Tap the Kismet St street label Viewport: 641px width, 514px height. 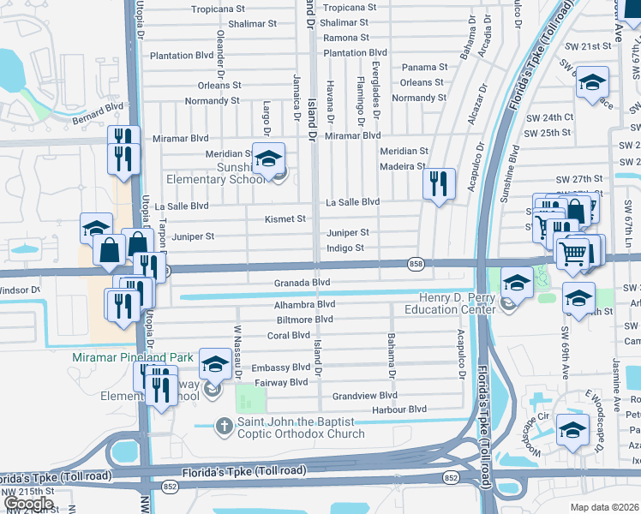coord(285,219)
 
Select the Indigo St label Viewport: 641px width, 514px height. coord(345,248)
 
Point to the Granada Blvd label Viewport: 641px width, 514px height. coord(302,282)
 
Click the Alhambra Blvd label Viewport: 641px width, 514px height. coord(304,304)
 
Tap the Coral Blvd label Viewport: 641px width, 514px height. coord(288,336)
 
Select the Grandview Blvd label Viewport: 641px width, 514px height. coord(365,396)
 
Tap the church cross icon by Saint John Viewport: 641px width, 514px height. coord(225,426)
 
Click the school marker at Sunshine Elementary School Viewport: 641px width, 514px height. coord(268,159)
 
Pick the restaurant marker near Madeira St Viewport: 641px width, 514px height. coord(438,183)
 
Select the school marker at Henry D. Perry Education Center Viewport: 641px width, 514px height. coord(517,284)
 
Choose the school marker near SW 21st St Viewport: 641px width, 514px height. coord(592,83)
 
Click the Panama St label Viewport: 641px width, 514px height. coord(425,67)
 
